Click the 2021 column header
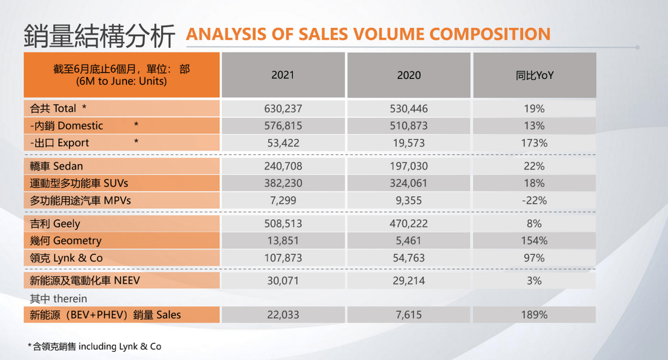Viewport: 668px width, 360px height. [x=283, y=75]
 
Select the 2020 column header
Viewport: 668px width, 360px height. [x=409, y=75]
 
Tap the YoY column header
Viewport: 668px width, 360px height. [x=534, y=75]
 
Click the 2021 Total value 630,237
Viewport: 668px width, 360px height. [x=283, y=109]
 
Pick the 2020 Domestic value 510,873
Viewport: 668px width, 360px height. [x=409, y=126]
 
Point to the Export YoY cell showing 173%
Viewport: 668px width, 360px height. [x=534, y=143]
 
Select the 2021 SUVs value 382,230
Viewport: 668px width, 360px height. [x=283, y=183]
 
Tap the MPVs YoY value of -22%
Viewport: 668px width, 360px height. [x=534, y=200]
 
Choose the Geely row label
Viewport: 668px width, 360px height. [x=55, y=224]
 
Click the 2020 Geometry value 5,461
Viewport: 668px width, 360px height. [x=409, y=241]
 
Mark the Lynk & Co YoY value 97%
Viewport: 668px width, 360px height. [x=534, y=258]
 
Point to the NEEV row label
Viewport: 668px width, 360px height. [x=85, y=281]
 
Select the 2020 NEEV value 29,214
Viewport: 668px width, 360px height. [x=409, y=281]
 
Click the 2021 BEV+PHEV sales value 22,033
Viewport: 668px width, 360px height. [x=283, y=315]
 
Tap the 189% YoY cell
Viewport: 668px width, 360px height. [x=534, y=315]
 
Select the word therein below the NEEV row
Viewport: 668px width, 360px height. [x=70, y=299]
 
